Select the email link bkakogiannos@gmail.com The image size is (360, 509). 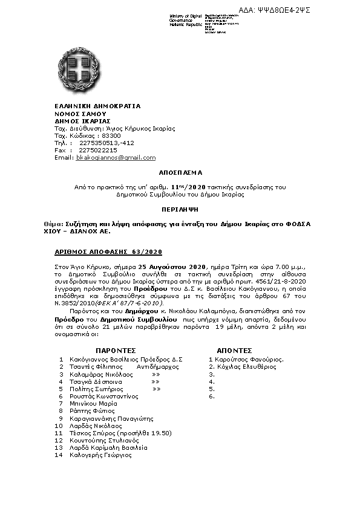tap(116, 157)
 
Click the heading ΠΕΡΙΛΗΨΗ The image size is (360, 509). tap(180, 207)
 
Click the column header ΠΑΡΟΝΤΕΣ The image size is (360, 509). tap(116, 350)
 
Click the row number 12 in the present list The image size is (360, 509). tap(58, 441)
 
